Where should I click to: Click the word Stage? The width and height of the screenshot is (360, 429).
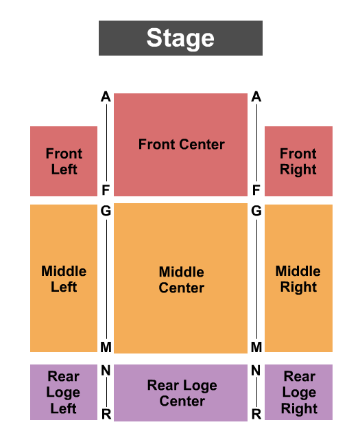pyautogui.click(x=180, y=38)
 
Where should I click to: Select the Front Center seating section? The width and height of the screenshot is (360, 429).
pyautogui.click(x=180, y=145)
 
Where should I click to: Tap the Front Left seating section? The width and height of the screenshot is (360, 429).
pyautogui.click(x=64, y=161)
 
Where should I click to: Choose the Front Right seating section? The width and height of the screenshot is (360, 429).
pyautogui.click(x=298, y=161)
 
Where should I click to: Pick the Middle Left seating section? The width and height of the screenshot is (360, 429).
pyautogui.click(x=64, y=278)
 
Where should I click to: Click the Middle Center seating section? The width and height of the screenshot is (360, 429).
pyautogui.click(x=180, y=278)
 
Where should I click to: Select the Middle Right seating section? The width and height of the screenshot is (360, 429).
pyautogui.click(x=298, y=278)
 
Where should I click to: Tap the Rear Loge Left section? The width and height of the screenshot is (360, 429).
pyautogui.click(x=64, y=392)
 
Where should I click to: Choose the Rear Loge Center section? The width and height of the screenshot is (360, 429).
pyautogui.click(x=180, y=393)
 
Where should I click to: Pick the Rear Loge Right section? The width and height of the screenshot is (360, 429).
pyautogui.click(x=298, y=392)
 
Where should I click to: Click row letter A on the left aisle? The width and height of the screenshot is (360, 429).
pyautogui.click(x=106, y=97)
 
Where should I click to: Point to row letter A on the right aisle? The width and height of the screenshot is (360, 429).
pyautogui.click(x=256, y=97)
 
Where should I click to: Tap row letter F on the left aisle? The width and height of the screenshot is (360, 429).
pyautogui.click(x=106, y=190)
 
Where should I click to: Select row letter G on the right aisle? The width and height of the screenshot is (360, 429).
pyautogui.click(x=256, y=211)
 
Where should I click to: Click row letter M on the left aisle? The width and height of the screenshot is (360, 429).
pyautogui.click(x=106, y=347)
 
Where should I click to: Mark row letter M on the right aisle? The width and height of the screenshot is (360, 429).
pyautogui.click(x=256, y=347)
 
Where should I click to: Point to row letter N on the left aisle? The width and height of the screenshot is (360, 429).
pyautogui.click(x=106, y=371)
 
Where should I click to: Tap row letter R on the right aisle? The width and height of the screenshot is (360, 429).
pyautogui.click(x=256, y=414)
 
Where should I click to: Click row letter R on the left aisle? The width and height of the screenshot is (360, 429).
pyautogui.click(x=106, y=414)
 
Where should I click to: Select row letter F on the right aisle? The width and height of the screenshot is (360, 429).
pyautogui.click(x=256, y=190)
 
